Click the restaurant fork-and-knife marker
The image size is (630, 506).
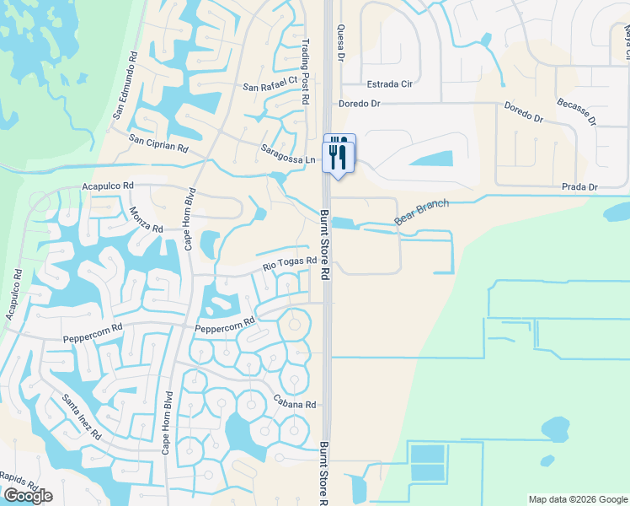pyautogui.click(x=339, y=153)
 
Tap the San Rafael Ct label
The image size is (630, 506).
pyautogui.click(x=270, y=86)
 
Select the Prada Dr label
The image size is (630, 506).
pyautogui.click(x=581, y=187)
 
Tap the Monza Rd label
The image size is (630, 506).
pyautogui.click(x=147, y=220)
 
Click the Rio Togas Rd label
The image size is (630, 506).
pyautogui.click(x=289, y=265)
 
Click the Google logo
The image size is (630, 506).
pyautogui.click(x=28, y=496)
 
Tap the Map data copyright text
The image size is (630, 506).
pyautogui.click(x=578, y=499)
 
